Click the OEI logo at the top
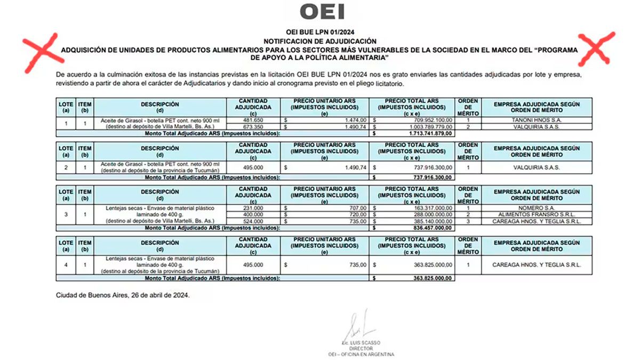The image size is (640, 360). [322, 11]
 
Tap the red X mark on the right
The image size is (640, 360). [599, 48]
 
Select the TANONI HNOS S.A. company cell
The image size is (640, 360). [537, 120]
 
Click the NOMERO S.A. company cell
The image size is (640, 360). [537, 207]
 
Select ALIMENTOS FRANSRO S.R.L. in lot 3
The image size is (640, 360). [537, 214]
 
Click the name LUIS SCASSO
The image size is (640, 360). [363, 342]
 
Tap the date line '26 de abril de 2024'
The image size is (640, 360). [123, 295]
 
